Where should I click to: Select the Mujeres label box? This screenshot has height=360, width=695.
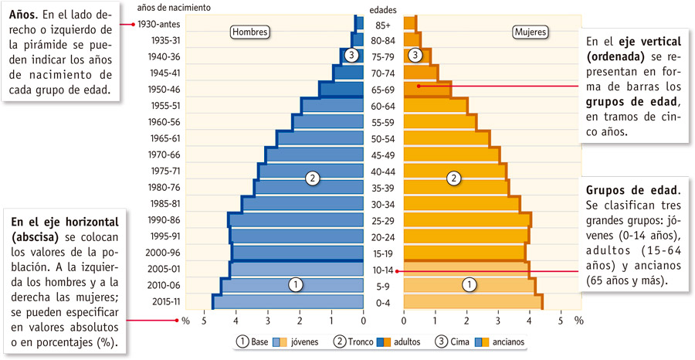click(531, 32)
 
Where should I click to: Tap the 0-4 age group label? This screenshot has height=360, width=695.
click(383, 302)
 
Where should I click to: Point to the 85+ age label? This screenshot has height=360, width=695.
click(383, 24)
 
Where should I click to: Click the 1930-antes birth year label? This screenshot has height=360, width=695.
click(161, 24)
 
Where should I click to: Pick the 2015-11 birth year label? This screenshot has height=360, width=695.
click(166, 302)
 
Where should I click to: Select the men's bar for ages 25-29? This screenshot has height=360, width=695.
click(296, 220)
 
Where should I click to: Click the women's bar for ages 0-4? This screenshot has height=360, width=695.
click(473, 302)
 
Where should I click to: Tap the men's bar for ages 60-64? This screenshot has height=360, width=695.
click(332, 106)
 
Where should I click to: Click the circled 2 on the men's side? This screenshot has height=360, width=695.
click(312, 178)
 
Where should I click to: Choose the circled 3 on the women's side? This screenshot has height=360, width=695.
click(416, 55)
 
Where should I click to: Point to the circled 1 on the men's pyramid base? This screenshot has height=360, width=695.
click(295, 284)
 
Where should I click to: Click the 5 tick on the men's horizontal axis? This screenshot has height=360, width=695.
click(205, 320)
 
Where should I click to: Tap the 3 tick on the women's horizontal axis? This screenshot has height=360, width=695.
click(498, 320)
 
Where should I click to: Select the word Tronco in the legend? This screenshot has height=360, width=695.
click(361, 341)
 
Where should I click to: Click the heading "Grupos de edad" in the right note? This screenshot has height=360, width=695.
click(633, 189)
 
